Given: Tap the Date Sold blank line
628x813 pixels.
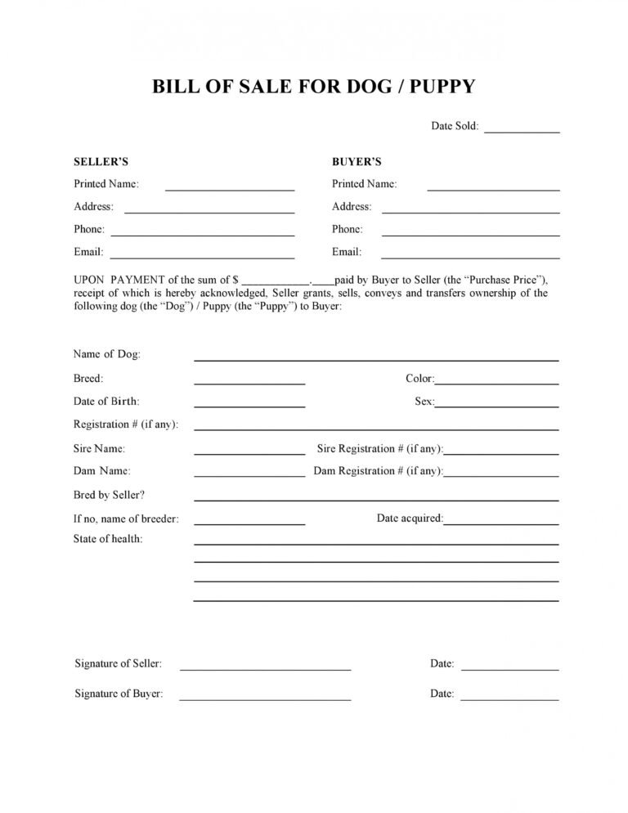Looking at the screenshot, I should (x=522, y=131).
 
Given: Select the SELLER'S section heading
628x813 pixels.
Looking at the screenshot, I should (x=101, y=162).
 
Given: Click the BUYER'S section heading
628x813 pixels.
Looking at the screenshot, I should (x=357, y=162).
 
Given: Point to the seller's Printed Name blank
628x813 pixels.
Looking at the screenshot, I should (x=230, y=189).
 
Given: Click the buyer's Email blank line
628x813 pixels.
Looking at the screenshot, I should (x=470, y=257).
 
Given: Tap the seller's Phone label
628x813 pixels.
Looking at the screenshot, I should (x=89, y=230).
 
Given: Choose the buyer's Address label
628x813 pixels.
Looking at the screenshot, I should (x=352, y=207).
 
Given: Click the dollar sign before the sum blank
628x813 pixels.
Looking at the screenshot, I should (x=235, y=280).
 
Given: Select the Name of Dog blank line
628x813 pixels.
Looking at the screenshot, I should (x=376, y=360).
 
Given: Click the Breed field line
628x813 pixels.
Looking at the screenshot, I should (x=249, y=383).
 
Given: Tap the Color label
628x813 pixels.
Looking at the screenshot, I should (x=419, y=379).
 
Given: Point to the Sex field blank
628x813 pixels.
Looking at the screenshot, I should (x=497, y=406).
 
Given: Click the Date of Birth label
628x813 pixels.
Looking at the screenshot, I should (x=106, y=402).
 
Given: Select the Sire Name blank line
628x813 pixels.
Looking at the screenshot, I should (x=249, y=453).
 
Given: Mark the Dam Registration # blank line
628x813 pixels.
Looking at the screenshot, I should (x=501, y=475).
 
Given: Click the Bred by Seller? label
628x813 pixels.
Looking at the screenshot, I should (x=109, y=495).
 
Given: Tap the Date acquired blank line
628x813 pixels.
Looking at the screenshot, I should (x=501, y=523).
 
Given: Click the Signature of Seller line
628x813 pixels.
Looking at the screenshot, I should (x=265, y=669).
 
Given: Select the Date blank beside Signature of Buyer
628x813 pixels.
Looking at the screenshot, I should (x=509, y=700).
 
